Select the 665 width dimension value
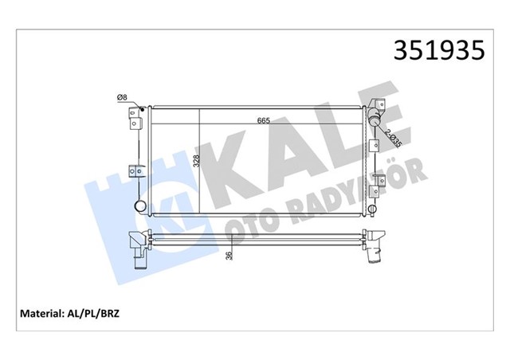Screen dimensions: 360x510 coord(263,121)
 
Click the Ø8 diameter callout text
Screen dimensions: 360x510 coord(123,98)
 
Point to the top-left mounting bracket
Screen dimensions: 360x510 coord(134,119)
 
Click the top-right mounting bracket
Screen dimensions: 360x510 coord(380,107)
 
